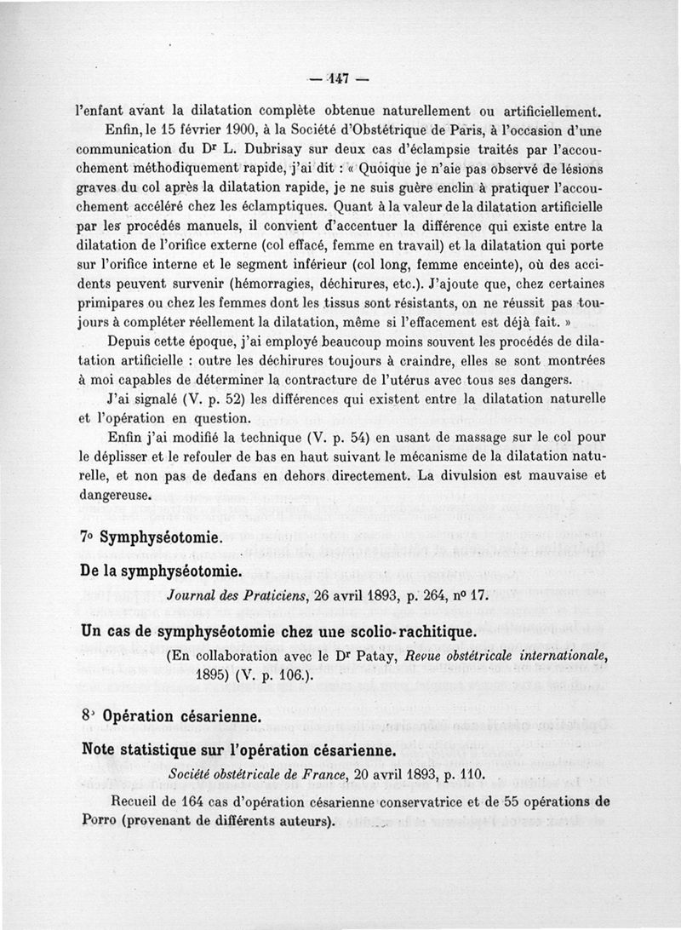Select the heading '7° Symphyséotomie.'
[150, 538]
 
